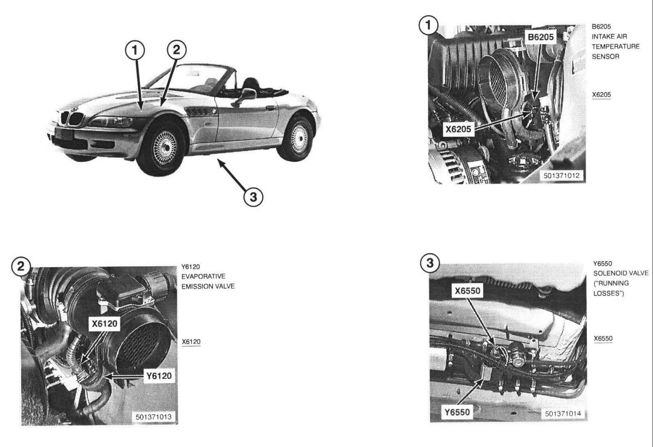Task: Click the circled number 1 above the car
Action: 135,50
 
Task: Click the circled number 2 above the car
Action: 177,49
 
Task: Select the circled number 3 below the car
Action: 253,197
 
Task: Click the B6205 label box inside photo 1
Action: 540,37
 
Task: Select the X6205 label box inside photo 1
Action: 458,129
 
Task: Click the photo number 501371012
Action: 561,176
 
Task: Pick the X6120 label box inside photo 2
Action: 105,323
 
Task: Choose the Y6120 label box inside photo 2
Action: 159,376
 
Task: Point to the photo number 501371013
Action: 154,416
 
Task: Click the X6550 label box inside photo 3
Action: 468,291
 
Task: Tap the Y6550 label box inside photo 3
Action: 457,412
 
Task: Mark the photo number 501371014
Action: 563,414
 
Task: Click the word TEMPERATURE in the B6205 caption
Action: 615,46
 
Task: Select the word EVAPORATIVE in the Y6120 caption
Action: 203,277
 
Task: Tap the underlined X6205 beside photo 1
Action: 601,95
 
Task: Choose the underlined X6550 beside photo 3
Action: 603,339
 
